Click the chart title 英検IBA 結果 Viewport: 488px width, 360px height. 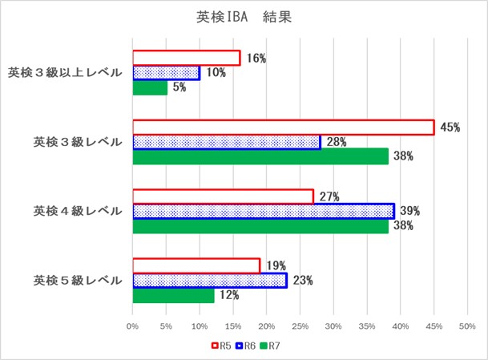tap(244, 17)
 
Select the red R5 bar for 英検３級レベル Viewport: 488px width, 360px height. tap(283, 127)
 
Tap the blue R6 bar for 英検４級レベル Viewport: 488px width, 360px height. tap(263, 211)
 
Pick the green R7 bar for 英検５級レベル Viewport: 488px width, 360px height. tap(173, 295)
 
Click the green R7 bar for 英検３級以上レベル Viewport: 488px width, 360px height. tap(150, 87)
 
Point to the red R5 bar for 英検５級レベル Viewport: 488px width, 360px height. tap(196, 266)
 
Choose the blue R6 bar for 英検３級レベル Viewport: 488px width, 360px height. tap(226, 142)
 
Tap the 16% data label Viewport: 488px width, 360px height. tap(256, 59)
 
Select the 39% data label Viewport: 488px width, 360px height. tap(410, 211)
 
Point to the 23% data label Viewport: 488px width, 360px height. tap(303, 281)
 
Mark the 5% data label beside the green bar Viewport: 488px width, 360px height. tap(179, 87)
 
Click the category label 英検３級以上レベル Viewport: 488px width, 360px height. tap(65, 73)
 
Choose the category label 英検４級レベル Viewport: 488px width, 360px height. tap(77, 211)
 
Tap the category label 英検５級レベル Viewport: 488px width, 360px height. tap(77, 281)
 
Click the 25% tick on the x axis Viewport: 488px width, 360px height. tap(300, 326)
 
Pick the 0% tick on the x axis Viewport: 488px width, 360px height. tap(132, 326)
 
